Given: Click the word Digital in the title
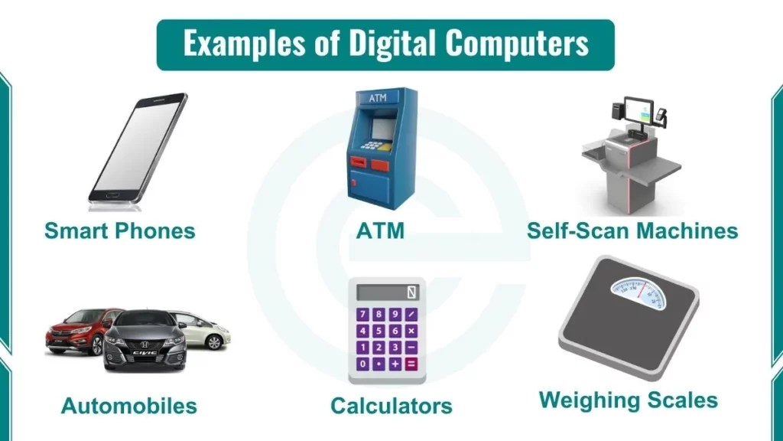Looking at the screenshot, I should point(393,44).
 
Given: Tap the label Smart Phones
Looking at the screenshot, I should point(119,230).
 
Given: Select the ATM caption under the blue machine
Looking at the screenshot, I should point(380,230).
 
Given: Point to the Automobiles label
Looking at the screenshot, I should point(128,406).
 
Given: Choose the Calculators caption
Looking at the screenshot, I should point(391,406).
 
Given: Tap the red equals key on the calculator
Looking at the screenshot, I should point(411,364).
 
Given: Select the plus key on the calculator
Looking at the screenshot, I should point(395,364).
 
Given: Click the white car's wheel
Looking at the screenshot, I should point(214,341).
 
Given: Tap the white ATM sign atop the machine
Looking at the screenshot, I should point(377,99).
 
